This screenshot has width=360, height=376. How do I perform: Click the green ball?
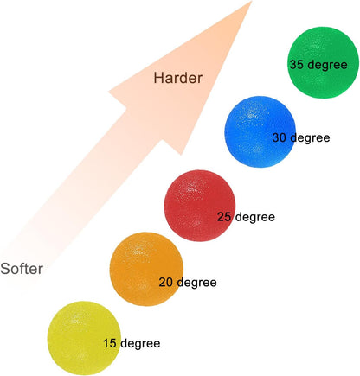point(324,62)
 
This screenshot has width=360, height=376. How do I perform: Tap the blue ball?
point(260,131)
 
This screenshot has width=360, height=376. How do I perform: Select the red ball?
point(200,206)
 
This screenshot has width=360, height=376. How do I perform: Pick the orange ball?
point(146,269)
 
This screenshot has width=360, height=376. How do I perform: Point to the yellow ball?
point(84,338)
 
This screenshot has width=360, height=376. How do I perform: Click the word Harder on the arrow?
point(178,78)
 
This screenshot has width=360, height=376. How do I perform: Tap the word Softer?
point(22,269)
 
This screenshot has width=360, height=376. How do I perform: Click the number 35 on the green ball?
point(297,65)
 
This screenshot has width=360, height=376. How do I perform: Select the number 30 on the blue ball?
point(280,137)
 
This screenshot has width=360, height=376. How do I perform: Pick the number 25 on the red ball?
point(224,217)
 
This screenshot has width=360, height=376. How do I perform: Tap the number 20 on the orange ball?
point(166,283)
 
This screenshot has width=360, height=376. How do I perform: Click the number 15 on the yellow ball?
point(110,343)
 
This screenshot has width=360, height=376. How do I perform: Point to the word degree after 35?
point(327,66)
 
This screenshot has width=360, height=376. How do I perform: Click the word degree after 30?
point(310,138)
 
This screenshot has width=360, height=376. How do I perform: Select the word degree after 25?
point(255,218)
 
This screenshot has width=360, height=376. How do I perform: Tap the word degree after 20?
point(196,284)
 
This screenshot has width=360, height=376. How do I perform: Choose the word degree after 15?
point(140,344)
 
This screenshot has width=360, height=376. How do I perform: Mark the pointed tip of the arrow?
point(252,1)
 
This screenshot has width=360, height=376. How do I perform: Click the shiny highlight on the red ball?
point(189,187)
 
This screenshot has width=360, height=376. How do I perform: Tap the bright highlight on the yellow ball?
point(75,319)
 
